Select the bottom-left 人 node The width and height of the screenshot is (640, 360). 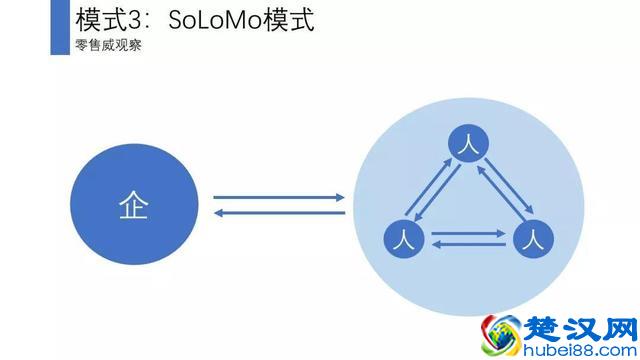405,240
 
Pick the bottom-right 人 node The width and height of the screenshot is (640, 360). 532,240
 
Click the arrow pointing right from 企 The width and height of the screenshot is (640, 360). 280,197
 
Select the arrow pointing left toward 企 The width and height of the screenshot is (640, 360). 280,212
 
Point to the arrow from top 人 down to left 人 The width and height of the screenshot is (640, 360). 440,197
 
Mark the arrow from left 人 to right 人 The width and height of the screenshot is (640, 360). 468,234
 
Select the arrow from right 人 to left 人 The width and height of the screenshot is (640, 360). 468,246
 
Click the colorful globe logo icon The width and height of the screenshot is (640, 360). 500,335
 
